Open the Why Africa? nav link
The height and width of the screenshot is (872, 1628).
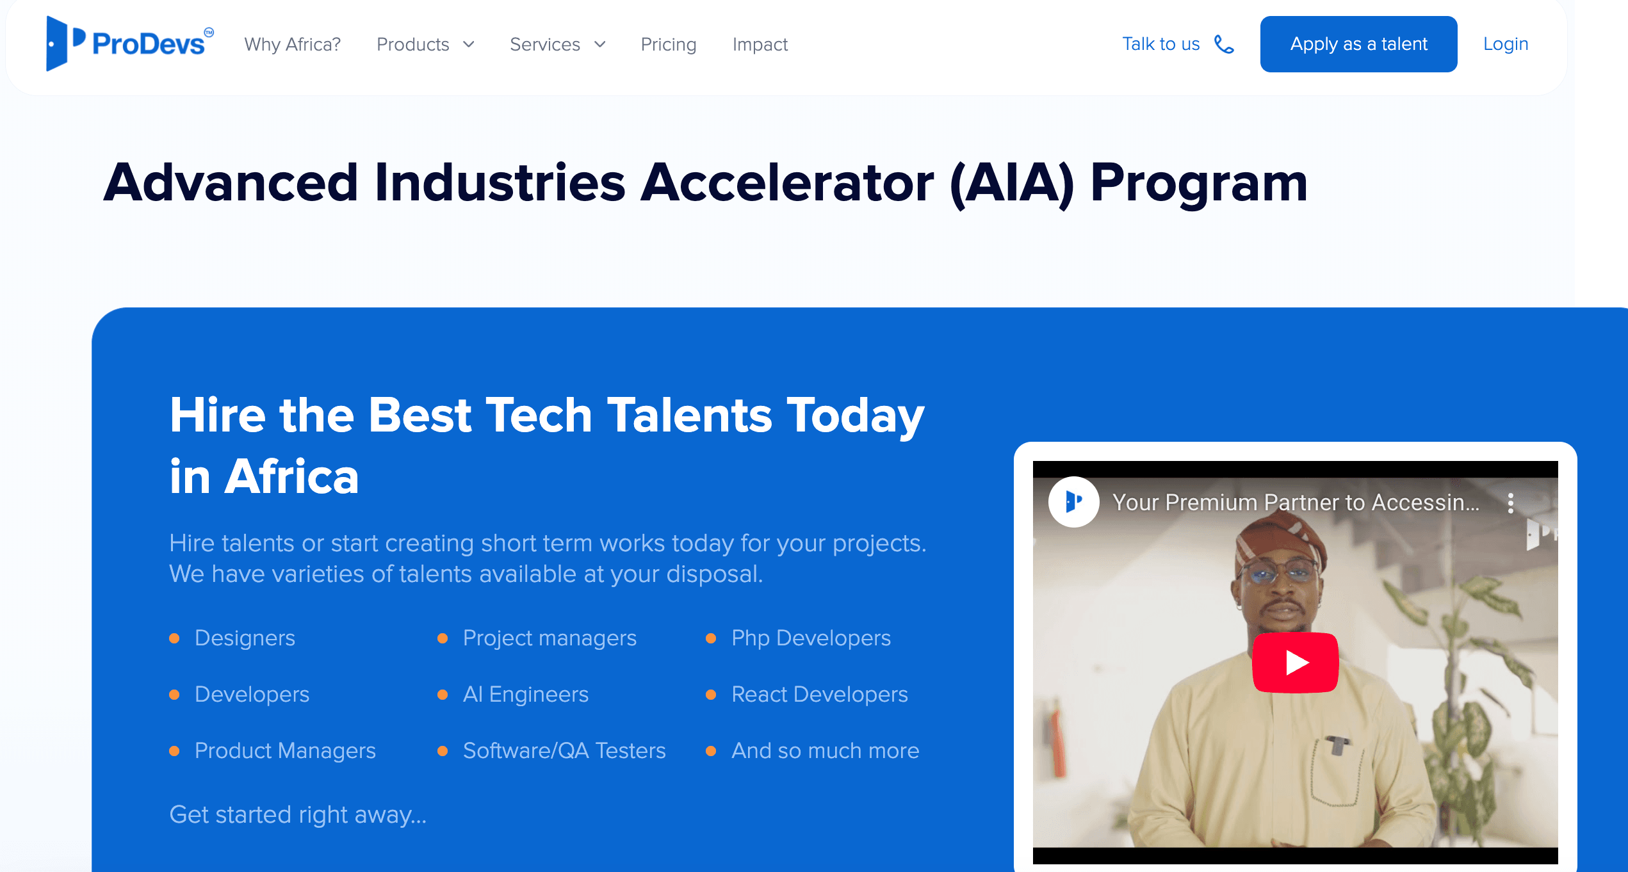point(292,44)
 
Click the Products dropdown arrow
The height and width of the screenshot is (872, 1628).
point(469,44)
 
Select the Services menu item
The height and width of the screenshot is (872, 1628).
point(545,44)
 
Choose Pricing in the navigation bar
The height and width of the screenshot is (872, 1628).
point(668,44)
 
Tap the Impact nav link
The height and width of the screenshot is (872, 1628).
point(760,44)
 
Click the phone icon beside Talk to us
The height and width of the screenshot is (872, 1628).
point(1224,44)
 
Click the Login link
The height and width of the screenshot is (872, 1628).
point(1505,44)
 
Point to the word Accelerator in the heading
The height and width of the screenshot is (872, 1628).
point(787,183)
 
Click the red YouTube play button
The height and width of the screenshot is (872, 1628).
point(1295,663)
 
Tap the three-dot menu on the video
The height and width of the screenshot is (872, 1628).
point(1510,503)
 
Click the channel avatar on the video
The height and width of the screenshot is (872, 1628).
point(1073,502)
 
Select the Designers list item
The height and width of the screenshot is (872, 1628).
point(245,638)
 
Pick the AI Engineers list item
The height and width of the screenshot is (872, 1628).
point(525,694)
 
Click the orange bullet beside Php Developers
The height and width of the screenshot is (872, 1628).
point(710,638)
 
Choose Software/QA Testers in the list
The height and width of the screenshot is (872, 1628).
point(564,750)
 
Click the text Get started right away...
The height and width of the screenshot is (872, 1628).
point(297,814)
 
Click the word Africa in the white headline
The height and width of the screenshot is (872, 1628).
point(291,477)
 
